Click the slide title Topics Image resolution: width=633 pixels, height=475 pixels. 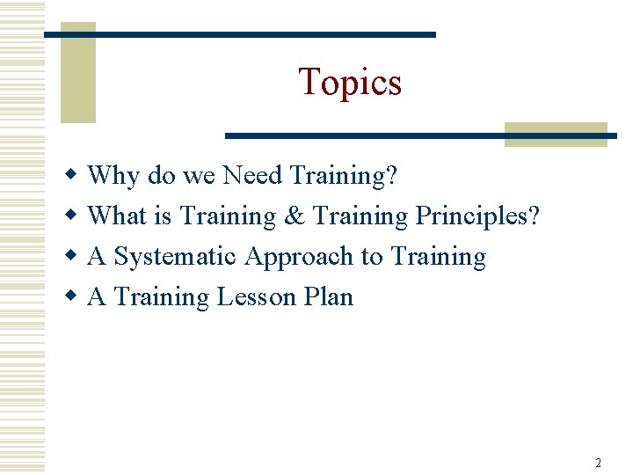350,82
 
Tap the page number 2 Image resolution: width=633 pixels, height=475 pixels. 598,463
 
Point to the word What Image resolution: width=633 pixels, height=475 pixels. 119,216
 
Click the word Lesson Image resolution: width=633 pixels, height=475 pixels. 256,297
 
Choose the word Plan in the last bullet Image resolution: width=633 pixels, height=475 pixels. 328,297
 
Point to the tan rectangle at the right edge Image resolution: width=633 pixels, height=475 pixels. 556,134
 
